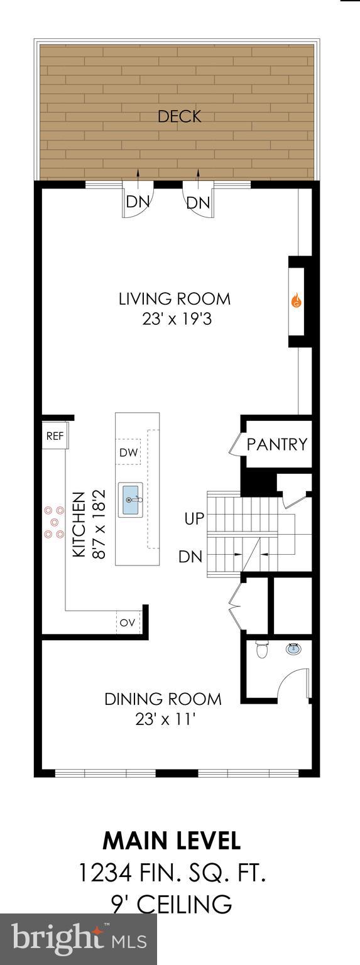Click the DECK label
pos(180,117)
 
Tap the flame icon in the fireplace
pos(296,302)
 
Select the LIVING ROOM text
pos(175,299)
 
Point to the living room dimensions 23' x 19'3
pos(175,319)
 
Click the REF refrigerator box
pos(55,437)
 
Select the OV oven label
pos(128,623)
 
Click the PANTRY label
pos(276,445)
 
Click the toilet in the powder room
pos(262,650)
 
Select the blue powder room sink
pos(293,648)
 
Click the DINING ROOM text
pos(163,699)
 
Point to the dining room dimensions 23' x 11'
pos(163,719)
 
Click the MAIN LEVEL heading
pos(171,840)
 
